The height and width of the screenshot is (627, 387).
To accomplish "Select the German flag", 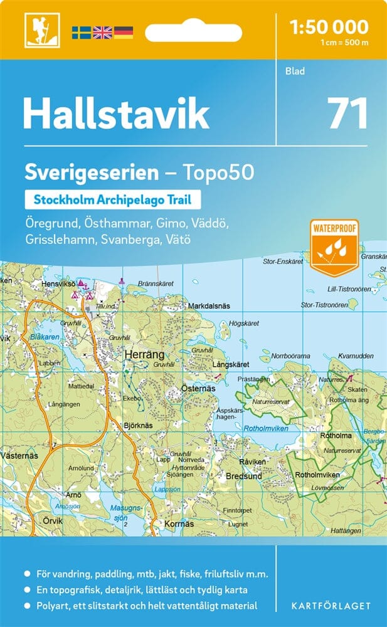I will pyautogui.click(x=124, y=32).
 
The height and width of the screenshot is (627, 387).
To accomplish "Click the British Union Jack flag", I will pyautogui.click(x=102, y=32).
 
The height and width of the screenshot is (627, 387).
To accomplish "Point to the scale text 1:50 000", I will pyautogui.click(x=329, y=27).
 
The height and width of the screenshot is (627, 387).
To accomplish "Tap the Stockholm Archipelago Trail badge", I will pyautogui.click(x=113, y=200).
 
